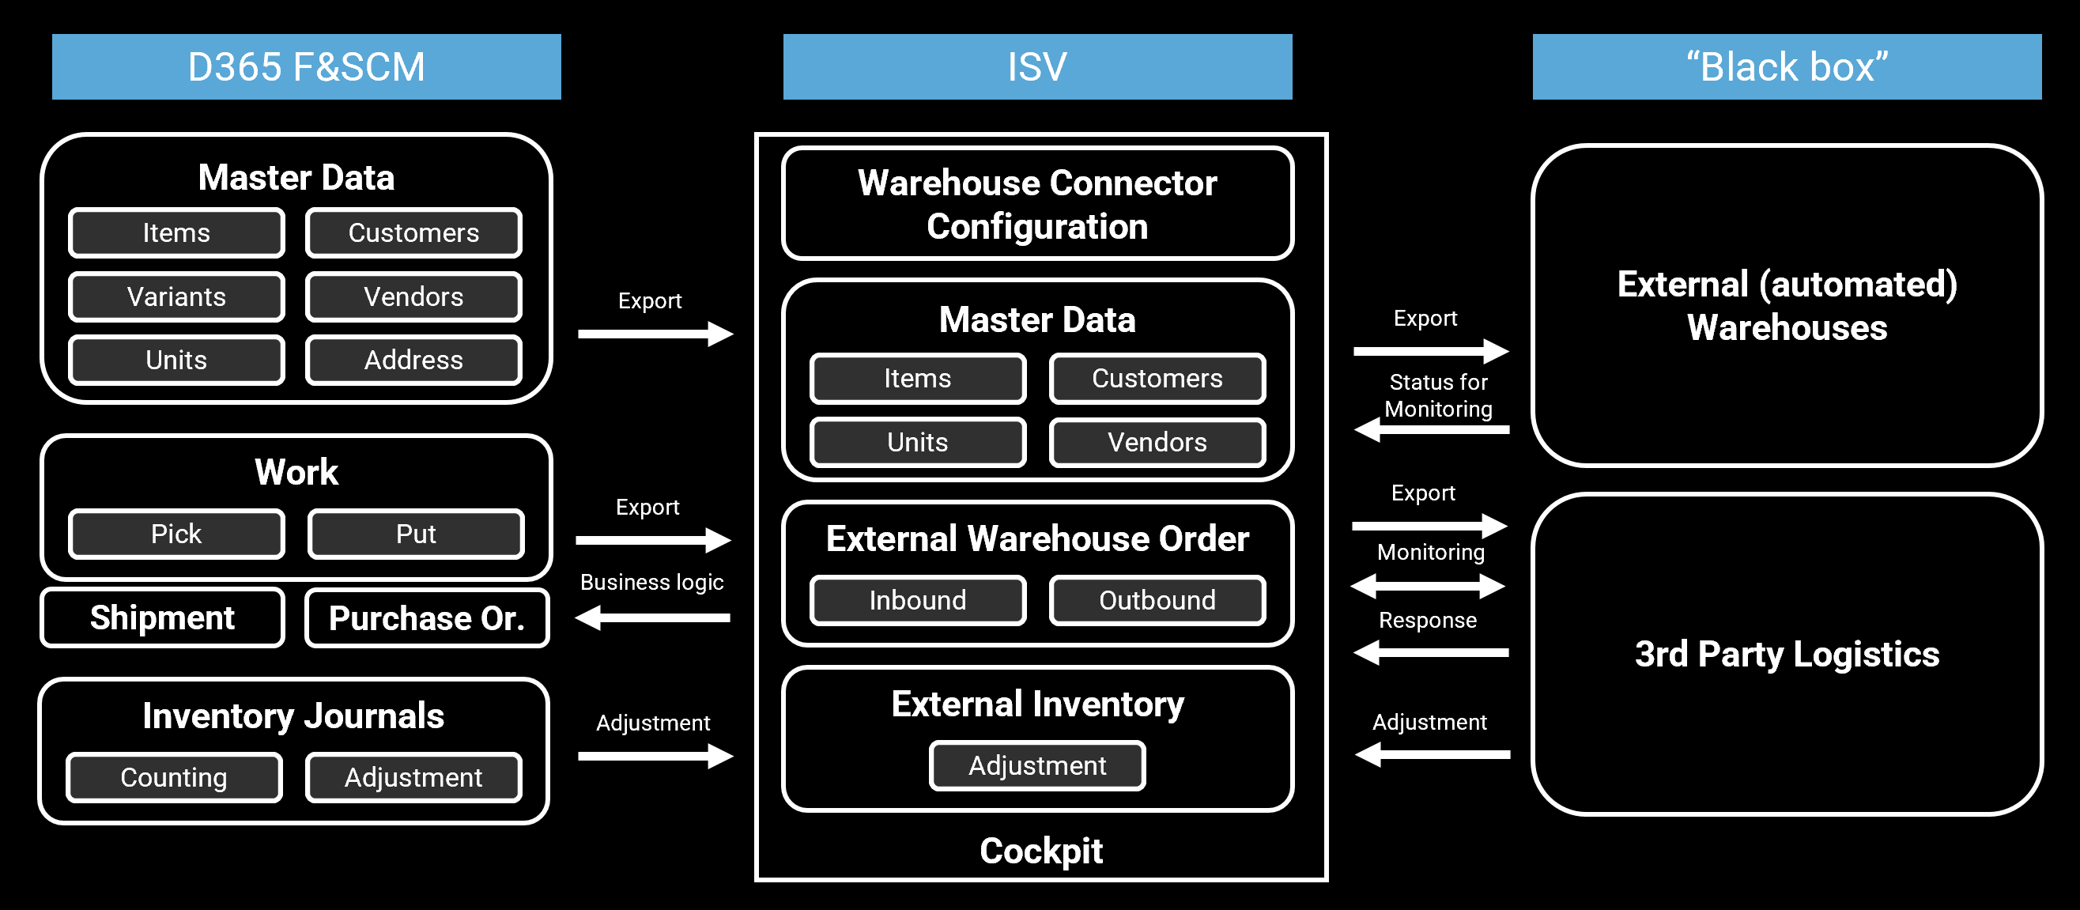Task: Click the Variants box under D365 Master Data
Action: point(176,296)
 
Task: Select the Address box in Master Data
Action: point(413,360)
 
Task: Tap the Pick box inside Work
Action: point(176,534)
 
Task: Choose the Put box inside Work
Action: point(416,534)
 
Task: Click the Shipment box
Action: point(162,617)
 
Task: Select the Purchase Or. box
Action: point(427,617)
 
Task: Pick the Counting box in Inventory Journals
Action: point(174,776)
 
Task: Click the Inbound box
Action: point(917,600)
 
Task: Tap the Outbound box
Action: point(1157,600)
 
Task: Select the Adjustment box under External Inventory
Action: point(1036,765)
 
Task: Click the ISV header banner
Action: point(1036,66)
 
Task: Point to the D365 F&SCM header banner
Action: point(306,66)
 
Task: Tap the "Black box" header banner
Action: point(1786,66)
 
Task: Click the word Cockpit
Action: point(1041,850)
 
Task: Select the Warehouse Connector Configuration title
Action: point(1036,204)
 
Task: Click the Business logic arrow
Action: point(652,617)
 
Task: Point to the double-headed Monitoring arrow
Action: point(1428,585)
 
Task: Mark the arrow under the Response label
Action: point(1430,651)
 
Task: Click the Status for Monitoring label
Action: point(1438,395)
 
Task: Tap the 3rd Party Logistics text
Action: point(1786,654)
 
